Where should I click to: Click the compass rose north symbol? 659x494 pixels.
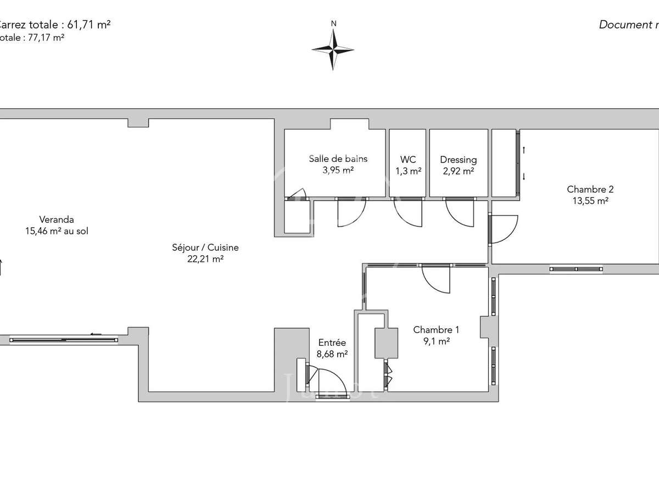(x=333, y=48)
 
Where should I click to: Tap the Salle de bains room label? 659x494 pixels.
(x=338, y=159)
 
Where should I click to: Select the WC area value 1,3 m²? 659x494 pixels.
(x=408, y=171)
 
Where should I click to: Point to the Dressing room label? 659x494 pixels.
(x=458, y=160)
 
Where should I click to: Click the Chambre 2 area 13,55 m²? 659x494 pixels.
(x=590, y=201)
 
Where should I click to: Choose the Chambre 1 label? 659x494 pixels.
(x=436, y=330)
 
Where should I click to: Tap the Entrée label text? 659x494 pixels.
(x=332, y=343)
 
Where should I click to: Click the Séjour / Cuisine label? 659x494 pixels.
(x=205, y=248)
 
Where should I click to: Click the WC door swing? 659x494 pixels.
(x=409, y=211)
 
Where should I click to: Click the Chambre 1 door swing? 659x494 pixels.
(x=437, y=280)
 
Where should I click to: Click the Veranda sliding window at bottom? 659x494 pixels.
(x=64, y=339)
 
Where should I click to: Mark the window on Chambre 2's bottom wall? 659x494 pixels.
(x=576, y=269)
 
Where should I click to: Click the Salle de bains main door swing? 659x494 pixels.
(x=351, y=211)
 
